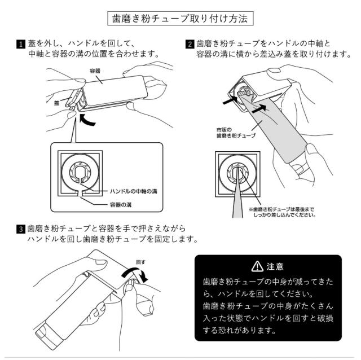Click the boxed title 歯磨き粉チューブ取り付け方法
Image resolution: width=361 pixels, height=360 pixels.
tap(180, 19)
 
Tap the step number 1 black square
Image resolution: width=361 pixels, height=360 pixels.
tap(21, 44)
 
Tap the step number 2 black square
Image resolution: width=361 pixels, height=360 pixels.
tap(190, 44)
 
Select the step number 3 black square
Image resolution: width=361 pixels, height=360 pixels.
tap(21, 229)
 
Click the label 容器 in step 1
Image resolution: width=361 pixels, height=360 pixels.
tap(95, 71)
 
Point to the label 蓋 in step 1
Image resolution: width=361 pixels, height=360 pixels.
tap(56, 103)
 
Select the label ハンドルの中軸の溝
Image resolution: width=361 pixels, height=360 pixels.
tap(134, 191)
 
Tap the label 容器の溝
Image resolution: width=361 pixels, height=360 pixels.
tap(121, 204)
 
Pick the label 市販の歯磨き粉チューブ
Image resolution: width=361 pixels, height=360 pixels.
tap(236, 133)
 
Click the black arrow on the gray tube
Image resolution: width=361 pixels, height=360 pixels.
tap(259, 108)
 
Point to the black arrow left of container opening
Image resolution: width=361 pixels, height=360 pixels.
tap(230, 100)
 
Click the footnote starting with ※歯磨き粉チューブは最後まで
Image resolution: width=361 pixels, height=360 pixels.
tap(282, 212)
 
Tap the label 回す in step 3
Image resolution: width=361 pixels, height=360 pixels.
tap(140, 262)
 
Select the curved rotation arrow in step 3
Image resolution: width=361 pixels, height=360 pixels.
tap(135, 275)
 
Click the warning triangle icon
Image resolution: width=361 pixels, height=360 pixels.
tap(257, 266)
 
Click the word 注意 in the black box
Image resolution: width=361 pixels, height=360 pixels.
tap(275, 266)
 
